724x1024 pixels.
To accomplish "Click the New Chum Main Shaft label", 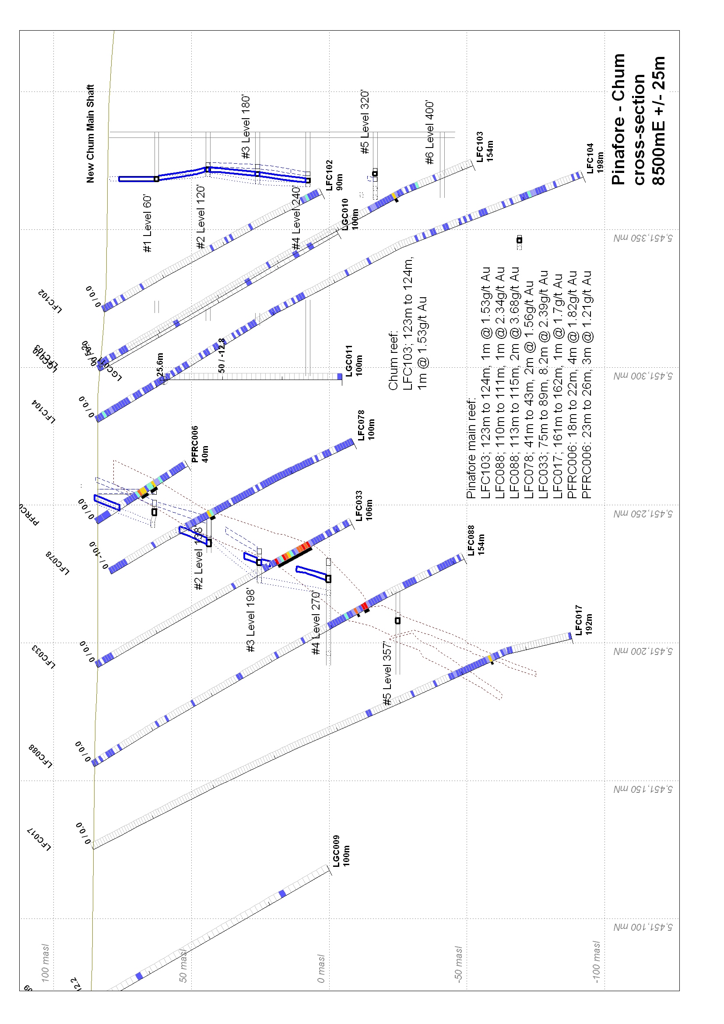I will pyautogui.click(x=90, y=134).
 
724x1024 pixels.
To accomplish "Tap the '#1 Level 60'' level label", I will pyautogui.click(x=148, y=223).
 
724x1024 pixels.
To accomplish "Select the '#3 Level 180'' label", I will pyautogui.click(x=246, y=127).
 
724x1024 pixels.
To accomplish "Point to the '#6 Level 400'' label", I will pyautogui.click(x=430, y=132).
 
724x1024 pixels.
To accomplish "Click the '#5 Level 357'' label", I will pyautogui.click(x=387, y=673).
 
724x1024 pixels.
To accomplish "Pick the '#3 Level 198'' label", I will pyautogui.click(x=251, y=620).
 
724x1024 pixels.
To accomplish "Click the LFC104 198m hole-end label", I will pyautogui.click(x=595, y=158).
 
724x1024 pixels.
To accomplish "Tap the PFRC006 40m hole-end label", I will pyautogui.click(x=200, y=444).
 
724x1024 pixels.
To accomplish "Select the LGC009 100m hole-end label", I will pyautogui.click(x=341, y=851).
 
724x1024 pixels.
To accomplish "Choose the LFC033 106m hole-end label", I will pyautogui.click(x=364, y=506).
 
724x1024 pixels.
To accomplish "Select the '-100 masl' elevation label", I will pyautogui.click(x=596, y=961).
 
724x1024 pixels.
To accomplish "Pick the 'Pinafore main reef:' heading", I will pyautogui.click(x=471, y=448).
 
